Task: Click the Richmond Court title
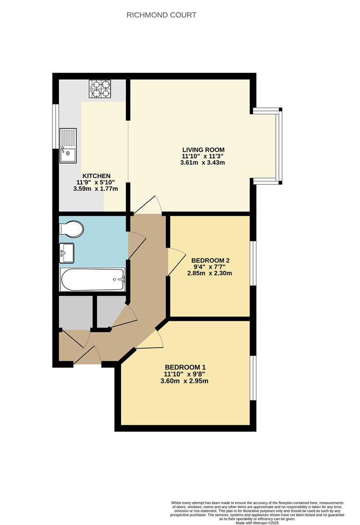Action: [x=161, y=15]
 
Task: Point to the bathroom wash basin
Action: [x=67, y=252]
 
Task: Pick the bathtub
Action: [x=93, y=279]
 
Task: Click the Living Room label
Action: [x=203, y=149]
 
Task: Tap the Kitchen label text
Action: [x=96, y=175]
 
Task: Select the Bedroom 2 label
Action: [x=210, y=260]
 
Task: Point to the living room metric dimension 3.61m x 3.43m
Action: [x=203, y=163]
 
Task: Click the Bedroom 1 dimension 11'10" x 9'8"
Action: [x=185, y=374]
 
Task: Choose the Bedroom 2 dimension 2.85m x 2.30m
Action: [x=210, y=273]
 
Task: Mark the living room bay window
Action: [x=277, y=146]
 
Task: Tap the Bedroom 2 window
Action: [x=253, y=262]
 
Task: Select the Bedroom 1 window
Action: [x=253, y=378]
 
